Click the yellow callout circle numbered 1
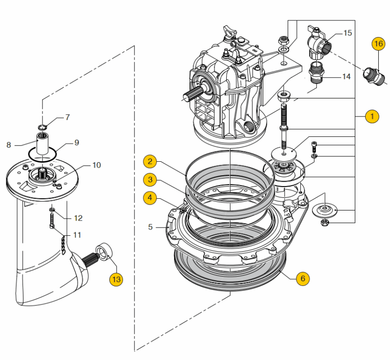371,116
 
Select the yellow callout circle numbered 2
150,161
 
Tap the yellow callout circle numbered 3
150,180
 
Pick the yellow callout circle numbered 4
150,197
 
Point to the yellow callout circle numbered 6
302,278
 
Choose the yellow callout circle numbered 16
378,43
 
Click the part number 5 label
151,227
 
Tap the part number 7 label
67,117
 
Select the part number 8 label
9,145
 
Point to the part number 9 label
77,143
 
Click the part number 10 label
96,165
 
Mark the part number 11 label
77,235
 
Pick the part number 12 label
78,218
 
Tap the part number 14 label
346,76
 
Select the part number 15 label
348,33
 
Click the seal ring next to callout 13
104,252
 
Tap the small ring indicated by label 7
42,128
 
